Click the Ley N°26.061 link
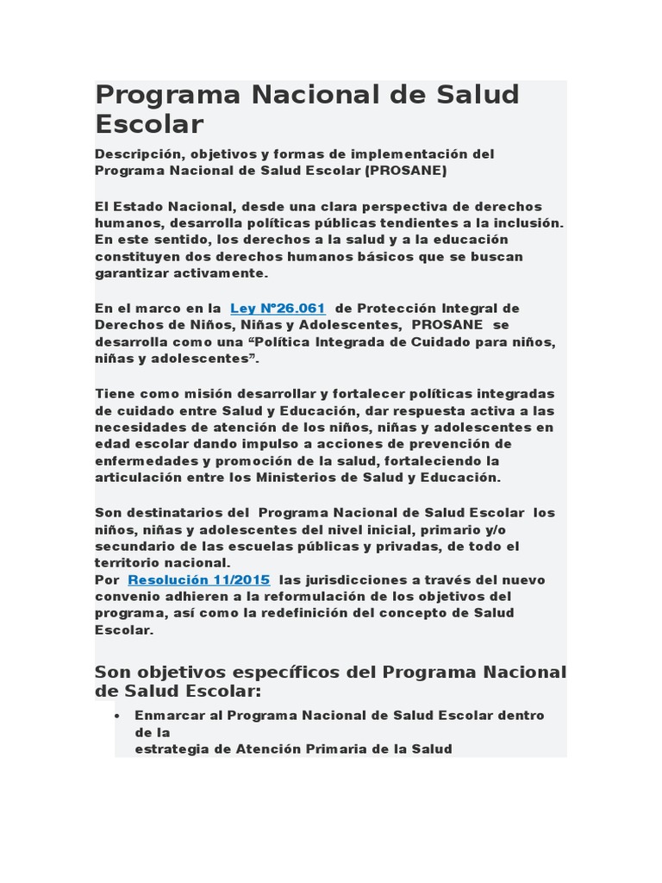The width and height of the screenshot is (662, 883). pos(278,308)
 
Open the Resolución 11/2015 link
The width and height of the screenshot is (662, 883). pos(198,579)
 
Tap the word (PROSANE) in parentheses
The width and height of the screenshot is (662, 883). pos(405,171)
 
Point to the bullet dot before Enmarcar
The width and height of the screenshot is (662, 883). pos(117,716)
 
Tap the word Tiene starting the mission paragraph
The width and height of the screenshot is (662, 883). pos(114,393)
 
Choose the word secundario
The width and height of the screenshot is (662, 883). pos(132,547)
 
